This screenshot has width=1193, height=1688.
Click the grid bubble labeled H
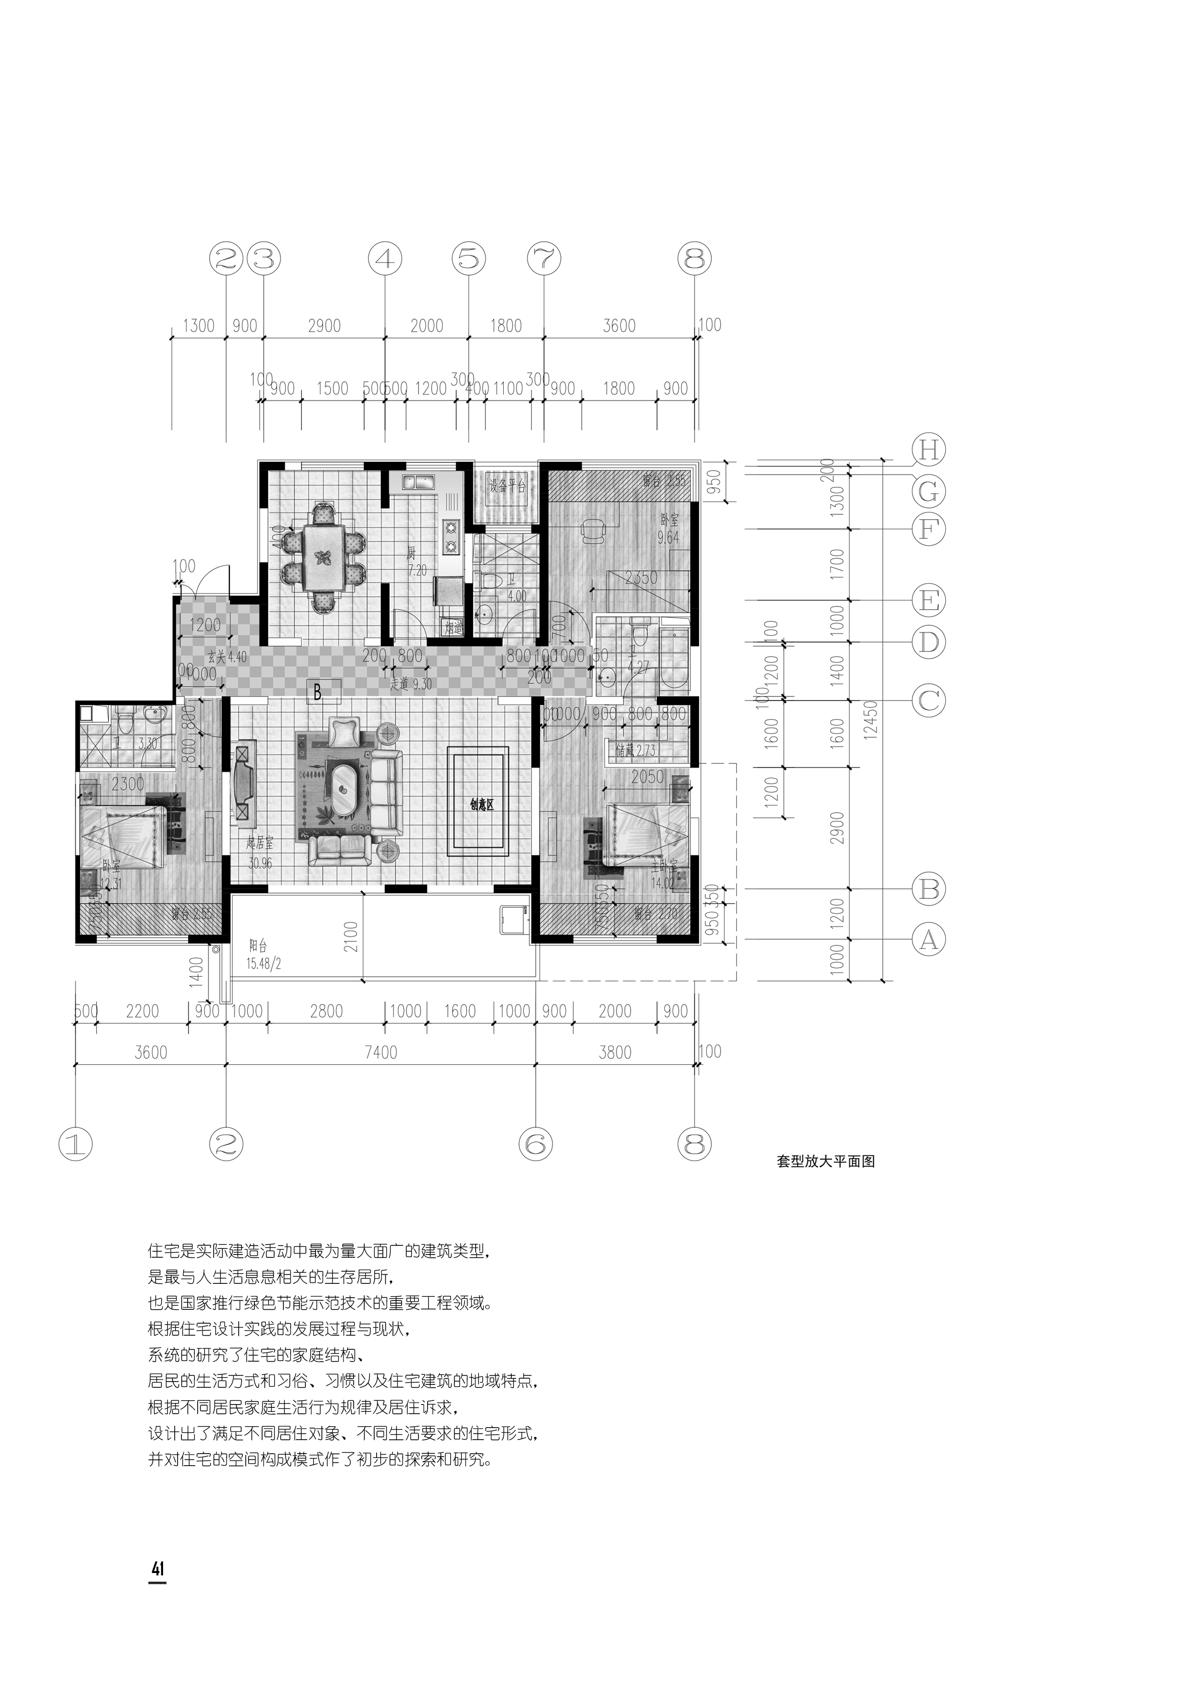(x=928, y=449)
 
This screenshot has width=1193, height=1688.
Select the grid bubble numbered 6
(x=535, y=1143)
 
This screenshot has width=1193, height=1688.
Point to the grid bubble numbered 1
(x=76, y=1143)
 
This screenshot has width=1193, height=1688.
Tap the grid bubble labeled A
(x=928, y=940)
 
